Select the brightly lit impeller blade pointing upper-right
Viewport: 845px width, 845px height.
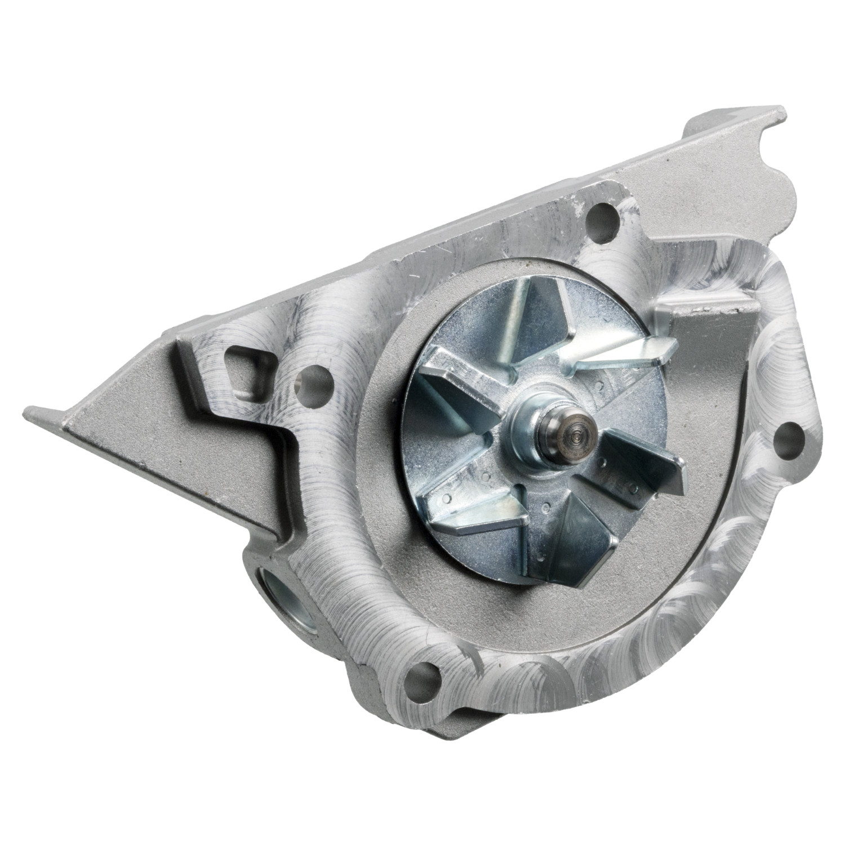pos(625,352)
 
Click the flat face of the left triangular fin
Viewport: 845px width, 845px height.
pos(169,445)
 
